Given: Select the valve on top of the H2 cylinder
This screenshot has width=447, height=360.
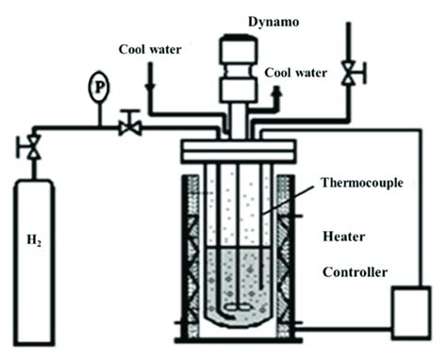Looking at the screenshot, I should click(x=34, y=147).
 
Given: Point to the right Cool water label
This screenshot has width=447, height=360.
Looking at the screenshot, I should click(x=296, y=72).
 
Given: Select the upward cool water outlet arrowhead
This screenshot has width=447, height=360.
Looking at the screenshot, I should click(x=277, y=90).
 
